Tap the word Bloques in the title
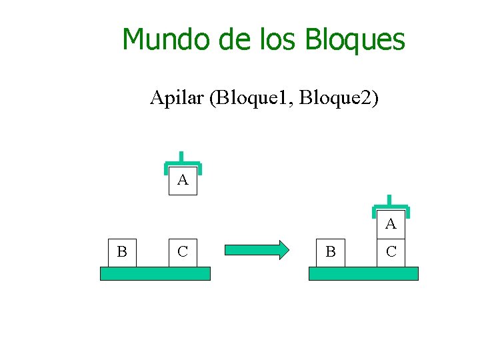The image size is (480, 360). click(355, 40)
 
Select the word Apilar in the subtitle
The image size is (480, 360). click(177, 99)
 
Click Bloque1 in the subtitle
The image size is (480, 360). click(253, 99)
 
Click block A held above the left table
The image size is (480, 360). click(183, 181)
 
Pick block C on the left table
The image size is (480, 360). click(183, 252)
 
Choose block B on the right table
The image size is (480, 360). click(331, 252)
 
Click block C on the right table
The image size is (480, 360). click(391, 252)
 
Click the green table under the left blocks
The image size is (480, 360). click(155, 273)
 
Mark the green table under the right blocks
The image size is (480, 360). click(363, 273)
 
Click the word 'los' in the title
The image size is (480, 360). click(280, 39)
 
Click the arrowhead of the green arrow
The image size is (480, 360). click(283, 250)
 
